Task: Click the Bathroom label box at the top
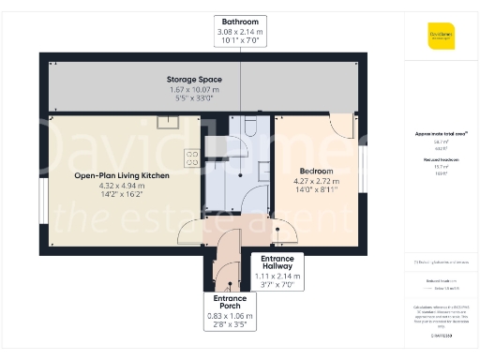click(240, 31)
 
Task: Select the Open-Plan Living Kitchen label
click(122, 174)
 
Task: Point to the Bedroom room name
click(314, 170)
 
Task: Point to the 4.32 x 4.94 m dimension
click(122, 186)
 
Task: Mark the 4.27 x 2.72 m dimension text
click(314, 181)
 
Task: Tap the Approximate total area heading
click(441, 133)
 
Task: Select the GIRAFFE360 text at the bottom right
click(441, 334)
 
